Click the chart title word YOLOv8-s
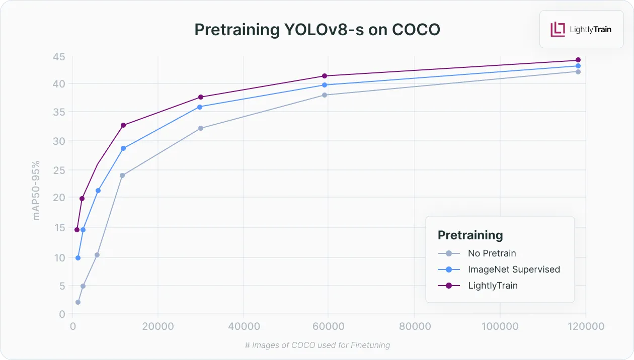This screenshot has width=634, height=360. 324,29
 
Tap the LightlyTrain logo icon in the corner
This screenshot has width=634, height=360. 558,29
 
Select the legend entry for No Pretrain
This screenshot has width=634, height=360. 492,253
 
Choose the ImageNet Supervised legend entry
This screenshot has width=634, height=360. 514,269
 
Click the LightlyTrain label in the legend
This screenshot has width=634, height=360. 493,286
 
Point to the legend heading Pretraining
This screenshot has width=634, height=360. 470,235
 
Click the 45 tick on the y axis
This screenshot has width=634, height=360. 59,57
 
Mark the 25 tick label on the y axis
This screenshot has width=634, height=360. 59,170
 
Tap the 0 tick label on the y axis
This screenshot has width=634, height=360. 62,314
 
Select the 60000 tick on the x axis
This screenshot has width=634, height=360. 328,326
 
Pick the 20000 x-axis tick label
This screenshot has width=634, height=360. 158,326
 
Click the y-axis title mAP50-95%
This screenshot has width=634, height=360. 36,191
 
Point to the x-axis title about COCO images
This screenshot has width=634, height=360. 318,345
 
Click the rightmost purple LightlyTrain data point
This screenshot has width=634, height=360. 578,60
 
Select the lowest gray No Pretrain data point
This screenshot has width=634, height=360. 78,302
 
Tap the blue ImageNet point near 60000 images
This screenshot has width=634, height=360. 325,85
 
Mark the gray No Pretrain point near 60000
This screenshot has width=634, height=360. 325,95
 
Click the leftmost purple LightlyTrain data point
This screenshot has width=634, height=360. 77,230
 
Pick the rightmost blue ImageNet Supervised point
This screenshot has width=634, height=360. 578,66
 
